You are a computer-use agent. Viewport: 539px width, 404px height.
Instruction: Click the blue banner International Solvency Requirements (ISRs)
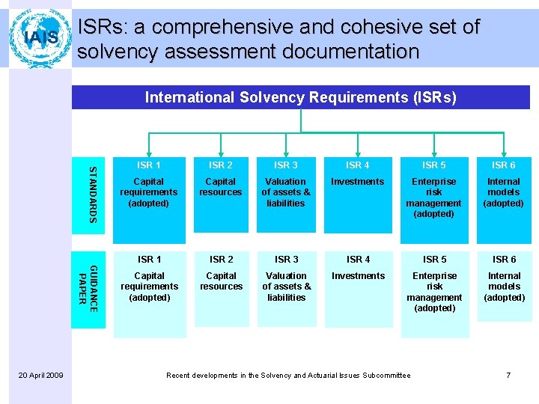pyautogui.click(x=300, y=97)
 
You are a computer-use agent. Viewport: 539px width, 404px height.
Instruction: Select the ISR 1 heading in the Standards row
pyautogui.click(x=149, y=165)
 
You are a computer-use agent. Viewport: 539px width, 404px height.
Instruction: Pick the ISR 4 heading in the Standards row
pyautogui.click(x=357, y=165)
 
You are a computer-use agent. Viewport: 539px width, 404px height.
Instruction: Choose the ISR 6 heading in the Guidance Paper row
pyautogui.click(x=504, y=260)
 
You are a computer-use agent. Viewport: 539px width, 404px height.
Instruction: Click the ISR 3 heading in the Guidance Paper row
pyautogui.click(x=286, y=260)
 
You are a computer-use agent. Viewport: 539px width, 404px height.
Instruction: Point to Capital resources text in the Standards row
pyautogui.click(x=221, y=186)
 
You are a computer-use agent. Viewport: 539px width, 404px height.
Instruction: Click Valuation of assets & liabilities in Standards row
pyautogui.click(x=285, y=192)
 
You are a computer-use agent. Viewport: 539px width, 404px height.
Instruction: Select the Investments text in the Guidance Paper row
pyautogui.click(x=358, y=276)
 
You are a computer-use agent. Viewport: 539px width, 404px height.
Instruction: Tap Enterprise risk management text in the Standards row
pyautogui.click(x=434, y=198)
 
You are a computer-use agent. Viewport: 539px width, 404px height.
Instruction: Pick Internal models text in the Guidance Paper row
pyautogui.click(x=504, y=287)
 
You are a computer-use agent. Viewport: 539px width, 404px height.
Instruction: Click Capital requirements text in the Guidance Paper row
pyautogui.click(x=149, y=287)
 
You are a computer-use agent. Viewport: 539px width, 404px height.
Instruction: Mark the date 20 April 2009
pyautogui.click(x=40, y=375)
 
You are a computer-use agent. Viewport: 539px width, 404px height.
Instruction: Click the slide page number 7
pyautogui.click(x=508, y=375)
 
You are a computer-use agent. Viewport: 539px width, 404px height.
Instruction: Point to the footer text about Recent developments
pyautogui.click(x=288, y=375)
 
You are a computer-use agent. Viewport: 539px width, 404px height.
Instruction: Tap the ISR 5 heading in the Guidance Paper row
pyautogui.click(x=434, y=260)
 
